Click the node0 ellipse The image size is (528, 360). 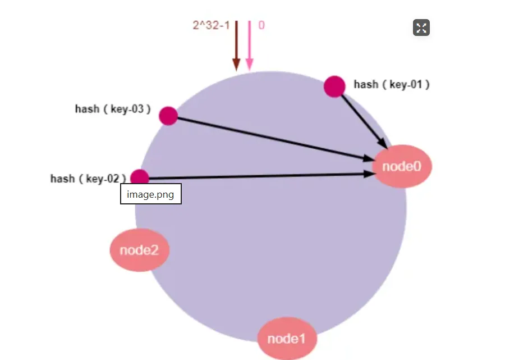pyautogui.click(x=402, y=166)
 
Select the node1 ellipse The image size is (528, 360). pyautogui.click(x=287, y=339)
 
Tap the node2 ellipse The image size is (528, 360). pyautogui.click(x=139, y=250)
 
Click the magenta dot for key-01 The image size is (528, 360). pyautogui.click(x=334, y=86)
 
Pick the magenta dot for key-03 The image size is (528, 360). pyautogui.click(x=168, y=116)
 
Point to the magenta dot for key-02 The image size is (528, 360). pyautogui.click(x=139, y=177)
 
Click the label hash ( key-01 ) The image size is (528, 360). pyautogui.click(x=392, y=85)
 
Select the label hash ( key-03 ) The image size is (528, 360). pyautogui.click(x=113, y=109)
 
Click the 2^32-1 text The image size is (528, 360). pyautogui.click(x=211, y=25)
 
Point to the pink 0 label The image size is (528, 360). pyautogui.click(x=261, y=25)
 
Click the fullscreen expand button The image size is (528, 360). pyautogui.click(x=421, y=28)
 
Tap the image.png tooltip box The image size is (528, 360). pyautogui.click(x=150, y=194)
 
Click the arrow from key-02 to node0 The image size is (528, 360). pyautogui.click(x=258, y=176)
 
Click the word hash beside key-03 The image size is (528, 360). pyautogui.click(x=87, y=109)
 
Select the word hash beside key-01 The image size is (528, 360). pyautogui.click(x=366, y=85)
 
